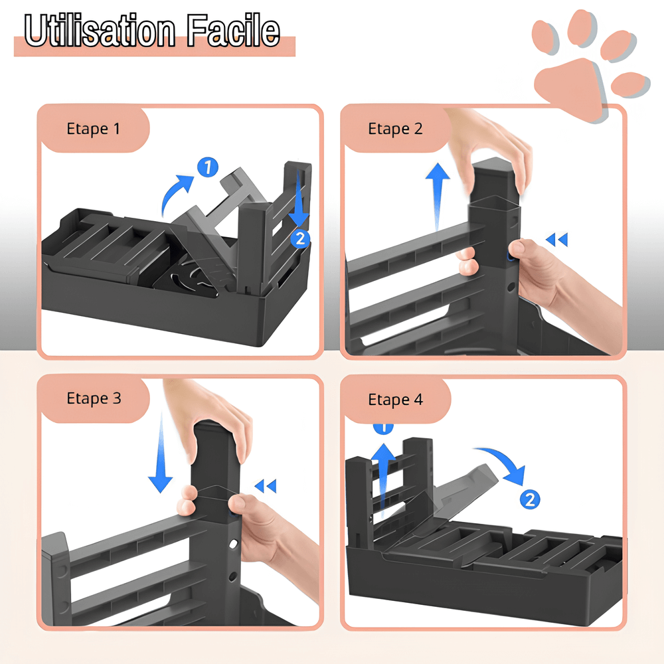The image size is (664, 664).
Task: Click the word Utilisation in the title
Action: [100, 31]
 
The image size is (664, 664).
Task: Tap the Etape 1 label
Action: [94, 128]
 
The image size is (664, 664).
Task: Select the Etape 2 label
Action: [395, 128]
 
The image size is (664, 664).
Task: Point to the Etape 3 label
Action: [94, 398]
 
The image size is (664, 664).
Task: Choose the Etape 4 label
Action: [395, 400]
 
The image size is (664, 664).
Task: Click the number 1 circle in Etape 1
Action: [208, 168]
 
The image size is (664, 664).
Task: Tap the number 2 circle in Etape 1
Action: [300, 238]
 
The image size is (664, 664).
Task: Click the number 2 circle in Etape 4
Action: [529, 499]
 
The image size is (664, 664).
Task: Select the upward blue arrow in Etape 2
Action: [437, 193]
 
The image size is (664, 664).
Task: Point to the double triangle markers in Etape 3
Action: [266, 487]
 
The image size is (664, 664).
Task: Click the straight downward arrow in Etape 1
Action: [299, 199]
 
